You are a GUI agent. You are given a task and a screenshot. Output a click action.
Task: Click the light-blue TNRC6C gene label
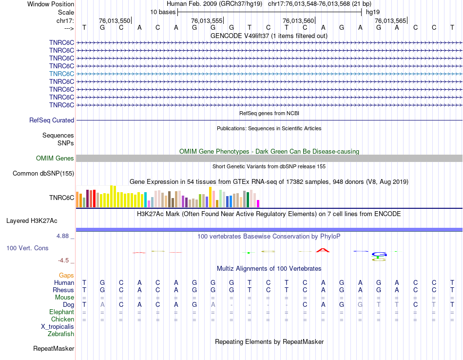coord(61,74)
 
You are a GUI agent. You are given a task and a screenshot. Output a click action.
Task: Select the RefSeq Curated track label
coord(52,120)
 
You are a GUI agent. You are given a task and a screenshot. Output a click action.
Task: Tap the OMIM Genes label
coord(55,159)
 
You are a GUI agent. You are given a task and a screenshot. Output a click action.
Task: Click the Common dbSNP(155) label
coord(43,174)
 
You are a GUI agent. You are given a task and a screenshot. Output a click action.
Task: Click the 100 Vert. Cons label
coord(27,248)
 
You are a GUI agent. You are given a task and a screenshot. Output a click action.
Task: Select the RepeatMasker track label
coord(54,349)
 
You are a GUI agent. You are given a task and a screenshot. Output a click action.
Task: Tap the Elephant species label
coord(62,312)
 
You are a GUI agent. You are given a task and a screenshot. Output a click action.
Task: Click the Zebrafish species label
coord(61,334)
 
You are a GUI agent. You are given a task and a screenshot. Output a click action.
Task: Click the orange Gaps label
coord(66,276)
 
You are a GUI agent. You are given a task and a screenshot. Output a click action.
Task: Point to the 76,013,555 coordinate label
coord(207,21)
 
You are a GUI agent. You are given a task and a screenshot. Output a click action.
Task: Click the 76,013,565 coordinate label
coord(390,21)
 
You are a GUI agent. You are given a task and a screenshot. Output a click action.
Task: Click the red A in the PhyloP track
coord(322,250)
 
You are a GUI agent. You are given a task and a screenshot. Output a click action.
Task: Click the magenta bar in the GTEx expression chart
coord(258,203)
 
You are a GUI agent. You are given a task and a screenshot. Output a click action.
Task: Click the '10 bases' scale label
coord(163,12)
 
